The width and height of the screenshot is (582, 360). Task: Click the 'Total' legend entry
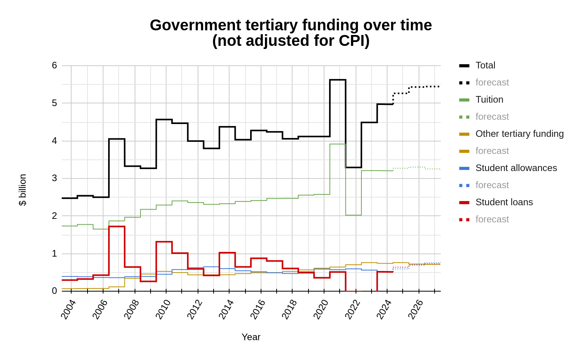coord(485,65)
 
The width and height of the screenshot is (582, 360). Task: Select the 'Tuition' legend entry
coord(489,100)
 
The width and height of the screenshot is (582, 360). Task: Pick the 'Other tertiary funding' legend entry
coord(519,134)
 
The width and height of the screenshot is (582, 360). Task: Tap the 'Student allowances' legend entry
coord(516,168)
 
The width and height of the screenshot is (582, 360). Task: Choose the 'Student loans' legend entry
coord(504,202)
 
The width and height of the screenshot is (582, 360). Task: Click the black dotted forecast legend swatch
coord(464,83)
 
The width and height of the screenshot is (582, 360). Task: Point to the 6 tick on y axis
coord(54,65)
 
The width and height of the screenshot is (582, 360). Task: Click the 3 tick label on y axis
coord(54,178)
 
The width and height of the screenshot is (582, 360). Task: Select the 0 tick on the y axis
coord(54,291)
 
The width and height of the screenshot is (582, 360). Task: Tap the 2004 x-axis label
coord(68,309)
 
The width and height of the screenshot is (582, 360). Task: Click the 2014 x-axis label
coord(226,309)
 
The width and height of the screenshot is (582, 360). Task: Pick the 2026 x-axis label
coord(415,309)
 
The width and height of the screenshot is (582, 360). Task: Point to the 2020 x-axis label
coord(321,309)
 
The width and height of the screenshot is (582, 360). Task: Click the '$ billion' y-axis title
coord(23,190)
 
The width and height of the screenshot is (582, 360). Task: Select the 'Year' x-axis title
coord(251,337)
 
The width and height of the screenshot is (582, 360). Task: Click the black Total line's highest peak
coord(338,80)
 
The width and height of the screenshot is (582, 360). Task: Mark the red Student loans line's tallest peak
coord(117,226)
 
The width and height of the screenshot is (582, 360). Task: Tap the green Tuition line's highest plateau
coord(338,144)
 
